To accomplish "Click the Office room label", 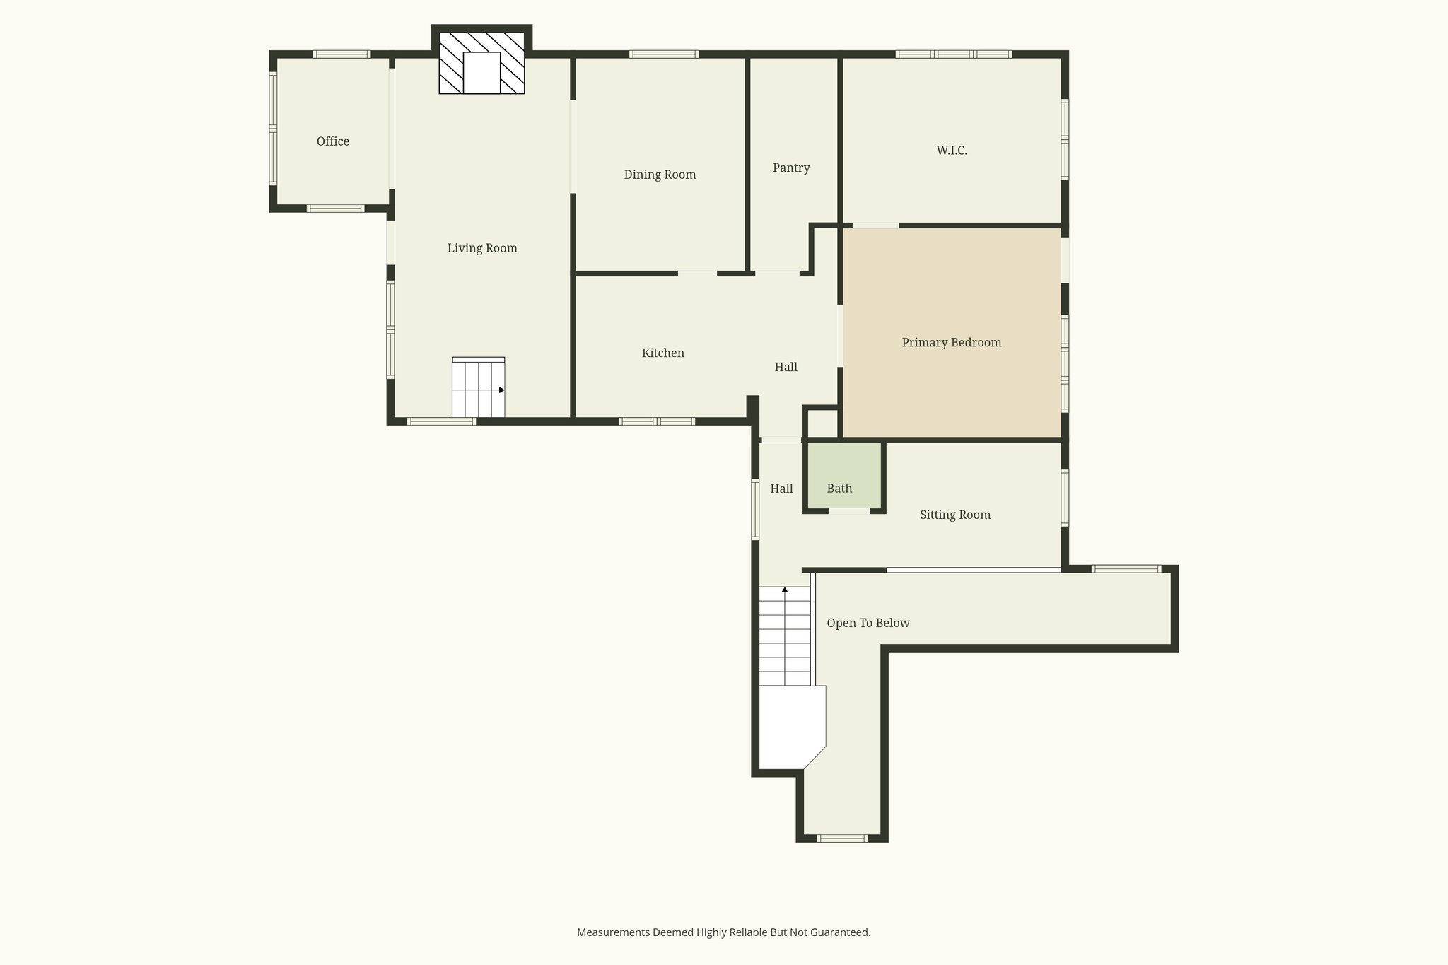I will (332, 141).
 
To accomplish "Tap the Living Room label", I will (482, 248).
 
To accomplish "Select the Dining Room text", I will (660, 175).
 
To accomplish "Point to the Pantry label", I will (791, 168).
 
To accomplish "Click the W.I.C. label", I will (952, 150).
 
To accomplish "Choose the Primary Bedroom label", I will (952, 343).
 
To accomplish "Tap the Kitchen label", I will (662, 353).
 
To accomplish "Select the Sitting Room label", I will (955, 515).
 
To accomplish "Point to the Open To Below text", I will (868, 623).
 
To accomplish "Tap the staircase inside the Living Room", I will (479, 389).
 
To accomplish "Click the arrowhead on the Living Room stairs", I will (502, 390).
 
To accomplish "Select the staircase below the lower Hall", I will (785, 636).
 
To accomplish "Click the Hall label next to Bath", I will (781, 489).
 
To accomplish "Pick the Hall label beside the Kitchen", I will (786, 367).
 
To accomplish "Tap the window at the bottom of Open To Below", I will (842, 838).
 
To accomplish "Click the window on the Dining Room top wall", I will (664, 54).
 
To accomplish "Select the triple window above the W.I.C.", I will (953, 54).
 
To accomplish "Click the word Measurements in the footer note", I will (612, 932).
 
